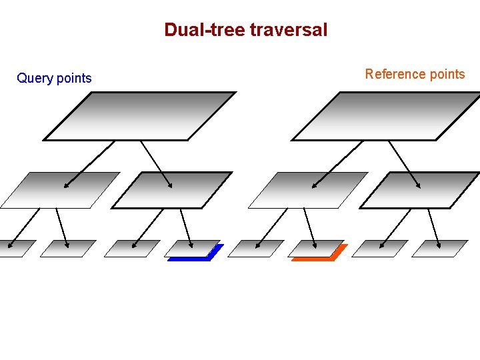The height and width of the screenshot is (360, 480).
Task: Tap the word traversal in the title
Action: [289, 30]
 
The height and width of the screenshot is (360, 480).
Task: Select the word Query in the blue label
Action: [35, 79]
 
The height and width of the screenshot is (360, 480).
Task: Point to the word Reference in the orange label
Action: [395, 74]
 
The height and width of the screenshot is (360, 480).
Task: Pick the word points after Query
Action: [73, 79]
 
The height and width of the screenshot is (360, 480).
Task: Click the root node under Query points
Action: [140, 116]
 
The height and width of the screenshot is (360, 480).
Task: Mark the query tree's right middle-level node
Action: [172, 190]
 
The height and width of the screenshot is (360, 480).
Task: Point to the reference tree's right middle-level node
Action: [420, 190]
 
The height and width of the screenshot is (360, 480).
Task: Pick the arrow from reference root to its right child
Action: [405, 164]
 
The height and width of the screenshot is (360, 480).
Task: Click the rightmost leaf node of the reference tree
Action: [440, 249]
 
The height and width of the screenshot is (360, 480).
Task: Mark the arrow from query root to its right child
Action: [157, 164]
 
